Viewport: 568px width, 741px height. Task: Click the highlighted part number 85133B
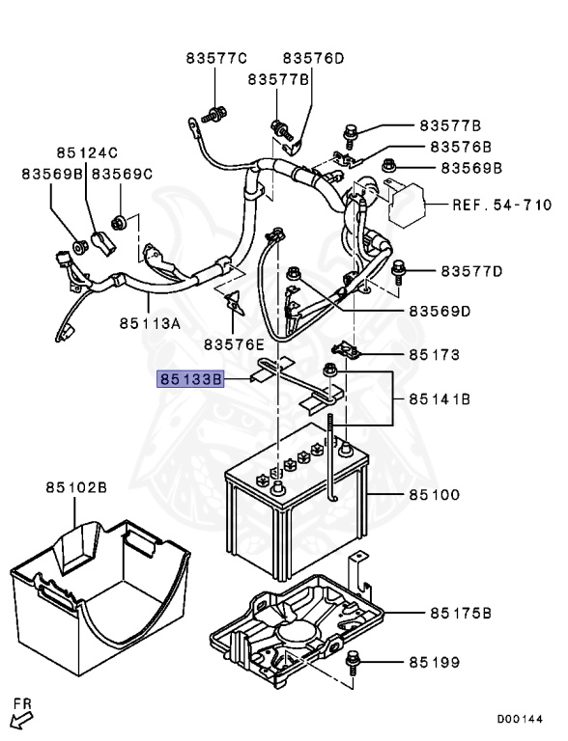click(x=191, y=380)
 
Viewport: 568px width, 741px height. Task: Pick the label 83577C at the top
click(x=216, y=58)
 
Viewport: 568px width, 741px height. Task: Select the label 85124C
click(x=86, y=152)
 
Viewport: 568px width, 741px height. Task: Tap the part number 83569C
click(x=122, y=174)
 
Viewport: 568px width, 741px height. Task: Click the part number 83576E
click(x=234, y=343)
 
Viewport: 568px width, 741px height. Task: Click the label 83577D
click(x=472, y=270)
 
